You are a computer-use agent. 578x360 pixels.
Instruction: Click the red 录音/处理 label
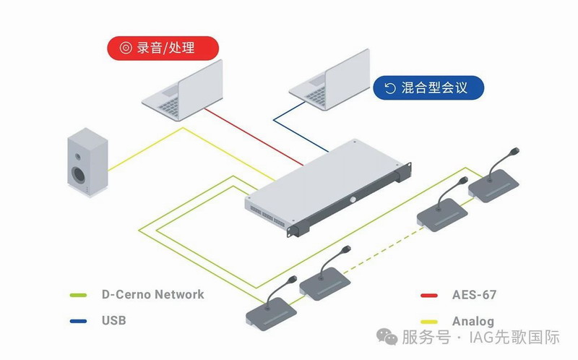tap(162, 48)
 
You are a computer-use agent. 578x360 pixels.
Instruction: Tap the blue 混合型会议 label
tap(428, 88)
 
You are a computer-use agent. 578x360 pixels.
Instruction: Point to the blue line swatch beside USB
tap(77, 320)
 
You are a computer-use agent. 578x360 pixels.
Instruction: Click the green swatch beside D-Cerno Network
tap(77, 295)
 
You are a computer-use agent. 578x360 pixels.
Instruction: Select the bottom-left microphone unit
tap(271, 312)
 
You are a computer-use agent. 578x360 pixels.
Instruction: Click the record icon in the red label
tap(126, 48)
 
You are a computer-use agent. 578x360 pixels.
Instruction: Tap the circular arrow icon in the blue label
tap(390, 88)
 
